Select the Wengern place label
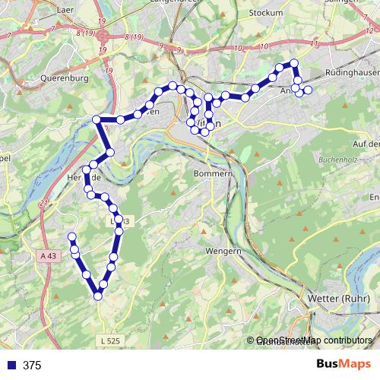(x=223, y=251)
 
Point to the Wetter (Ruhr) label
(x=339, y=299)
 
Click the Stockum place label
(x=265, y=13)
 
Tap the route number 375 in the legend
(x=33, y=366)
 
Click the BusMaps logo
(x=340, y=365)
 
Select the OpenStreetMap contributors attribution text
(x=314, y=341)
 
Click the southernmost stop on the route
(x=98, y=296)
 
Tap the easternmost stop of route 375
(x=308, y=90)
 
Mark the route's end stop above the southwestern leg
(x=72, y=236)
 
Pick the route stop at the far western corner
(x=97, y=119)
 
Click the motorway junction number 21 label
(x=45, y=203)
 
